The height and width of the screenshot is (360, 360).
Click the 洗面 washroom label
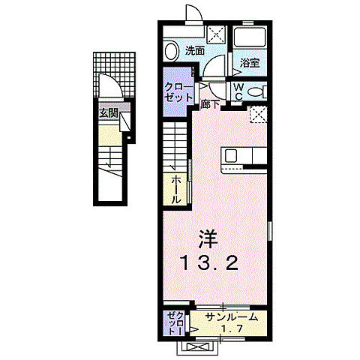click(195, 51)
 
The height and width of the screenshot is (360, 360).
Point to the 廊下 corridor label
click(210, 105)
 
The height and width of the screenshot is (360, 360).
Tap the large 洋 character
click(208, 239)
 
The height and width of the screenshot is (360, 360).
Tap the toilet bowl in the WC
click(256, 91)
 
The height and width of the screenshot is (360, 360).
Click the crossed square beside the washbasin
click(217, 34)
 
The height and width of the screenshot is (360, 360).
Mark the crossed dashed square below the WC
click(259, 115)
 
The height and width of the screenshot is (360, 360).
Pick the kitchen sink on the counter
click(231, 155)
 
